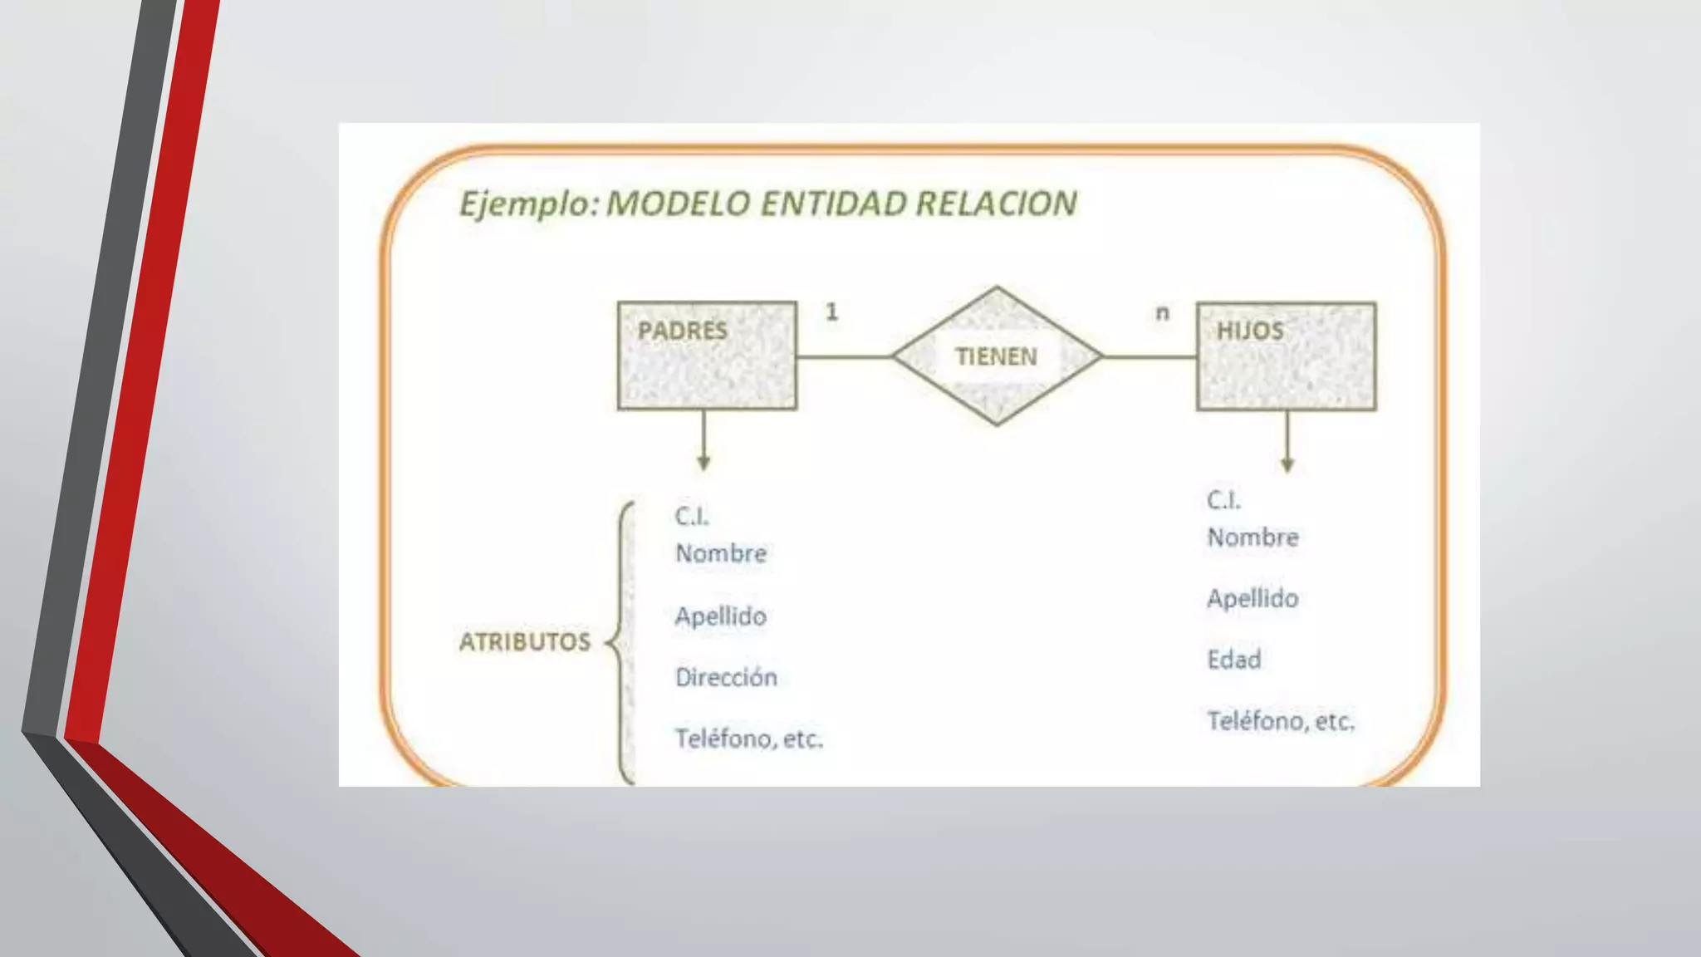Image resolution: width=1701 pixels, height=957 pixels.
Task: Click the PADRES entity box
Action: [707, 356]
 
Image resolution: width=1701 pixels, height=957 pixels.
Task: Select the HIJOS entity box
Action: [1286, 356]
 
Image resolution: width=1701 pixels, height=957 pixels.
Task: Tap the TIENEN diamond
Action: [997, 356]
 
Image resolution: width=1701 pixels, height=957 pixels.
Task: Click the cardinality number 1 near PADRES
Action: [831, 312]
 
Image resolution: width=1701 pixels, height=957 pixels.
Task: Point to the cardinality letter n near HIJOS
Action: [1162, 312]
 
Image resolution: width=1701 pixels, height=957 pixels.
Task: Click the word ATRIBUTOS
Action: [525, 641]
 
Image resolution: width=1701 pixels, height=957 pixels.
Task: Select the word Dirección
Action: [726, 677]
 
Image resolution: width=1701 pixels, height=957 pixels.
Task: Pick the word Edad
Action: [1233, 660]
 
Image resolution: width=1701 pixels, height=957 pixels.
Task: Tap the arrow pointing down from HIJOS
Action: [1287, 443]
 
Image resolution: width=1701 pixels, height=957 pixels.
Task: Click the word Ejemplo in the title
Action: [527, 204]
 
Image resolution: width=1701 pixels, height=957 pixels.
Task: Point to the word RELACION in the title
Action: [996, 204]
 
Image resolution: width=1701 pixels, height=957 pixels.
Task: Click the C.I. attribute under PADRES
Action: [692, 517]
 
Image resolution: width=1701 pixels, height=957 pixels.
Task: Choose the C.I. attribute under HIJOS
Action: [1223, 500]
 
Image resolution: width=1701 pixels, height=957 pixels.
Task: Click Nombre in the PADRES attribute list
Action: [721, 553]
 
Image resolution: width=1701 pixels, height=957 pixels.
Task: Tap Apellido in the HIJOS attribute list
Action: [1252, 598]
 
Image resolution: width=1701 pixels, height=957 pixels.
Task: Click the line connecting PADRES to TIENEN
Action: [844, 357]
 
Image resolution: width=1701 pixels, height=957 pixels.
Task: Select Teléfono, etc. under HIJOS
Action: [1280, 721]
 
